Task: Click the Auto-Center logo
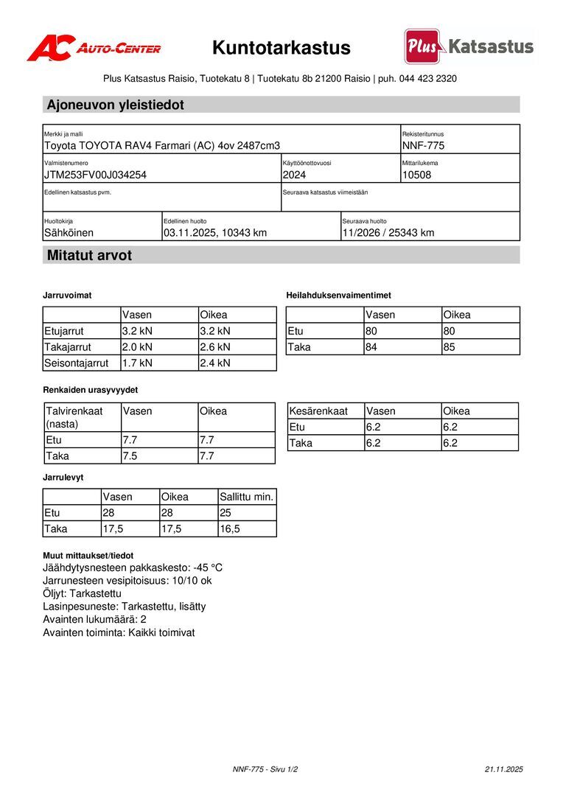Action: click(94, 48)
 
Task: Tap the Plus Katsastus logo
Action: click(469, 47)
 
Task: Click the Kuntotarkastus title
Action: click(281, 49)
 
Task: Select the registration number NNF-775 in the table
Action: click(423, 146)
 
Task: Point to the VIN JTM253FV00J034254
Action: click(95, 175)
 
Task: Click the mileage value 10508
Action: click(417, 175)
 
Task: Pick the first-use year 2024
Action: click(294, 175)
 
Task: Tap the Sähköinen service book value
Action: click(69, 233)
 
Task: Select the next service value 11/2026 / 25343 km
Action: click(388, 233)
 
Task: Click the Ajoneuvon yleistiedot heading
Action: click(116, 105)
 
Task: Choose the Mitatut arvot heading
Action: click(89, 256)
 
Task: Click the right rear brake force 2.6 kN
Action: click(215, 347)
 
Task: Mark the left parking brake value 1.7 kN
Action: click(137, 363)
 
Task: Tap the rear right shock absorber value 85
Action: click(450, 347)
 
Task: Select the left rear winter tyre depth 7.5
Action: click(130, 455)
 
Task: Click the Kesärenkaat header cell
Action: click(318, 411)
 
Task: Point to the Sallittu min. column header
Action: click(247, 497)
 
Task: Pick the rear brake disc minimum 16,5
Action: click(231, 529)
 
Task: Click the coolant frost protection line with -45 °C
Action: click(133, 568)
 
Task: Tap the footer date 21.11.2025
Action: click(503, 769)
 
